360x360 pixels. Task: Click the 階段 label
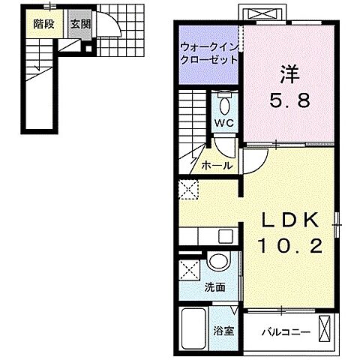43,23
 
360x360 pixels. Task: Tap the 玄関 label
80,23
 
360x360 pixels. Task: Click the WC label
226,123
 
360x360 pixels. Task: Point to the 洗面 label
215,287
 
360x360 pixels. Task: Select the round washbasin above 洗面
217,262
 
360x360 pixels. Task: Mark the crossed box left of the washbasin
190,269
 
